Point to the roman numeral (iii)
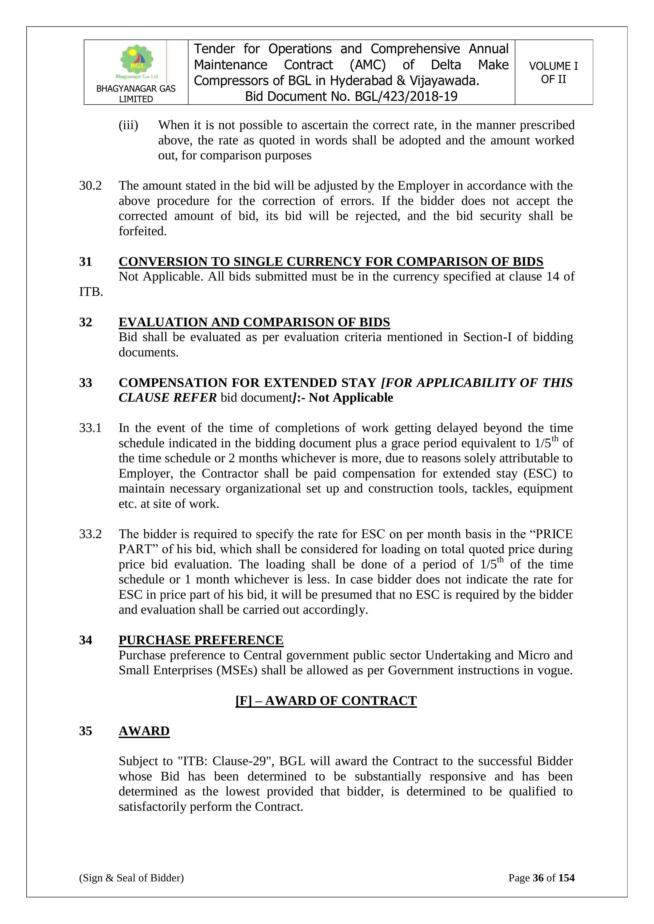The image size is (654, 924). click(x=128, y=125)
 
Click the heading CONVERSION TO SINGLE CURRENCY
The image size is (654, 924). click(x=331, y=262)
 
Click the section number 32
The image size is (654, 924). click(x=85, y=322)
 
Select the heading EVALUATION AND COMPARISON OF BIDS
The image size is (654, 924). click(x=254, y=322)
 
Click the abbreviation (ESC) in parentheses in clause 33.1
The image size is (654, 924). click(x=540, y=473)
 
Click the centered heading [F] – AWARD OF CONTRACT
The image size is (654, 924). click(x=326, y=701)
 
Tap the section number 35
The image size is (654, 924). click(x=85, y=731)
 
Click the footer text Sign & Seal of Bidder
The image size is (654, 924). click(x=131, y=878)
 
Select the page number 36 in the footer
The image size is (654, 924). click(x=538, y=878)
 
